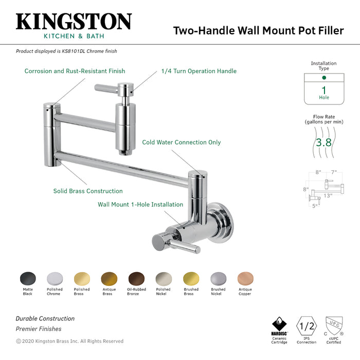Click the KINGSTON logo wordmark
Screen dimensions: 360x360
(x=74, y=22)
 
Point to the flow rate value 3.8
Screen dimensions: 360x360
(x=323, y=142)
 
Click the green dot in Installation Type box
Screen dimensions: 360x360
(x=323, y=78)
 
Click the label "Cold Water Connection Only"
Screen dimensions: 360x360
(x=182, y=142)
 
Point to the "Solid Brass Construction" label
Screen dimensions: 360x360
(x=88, y=191)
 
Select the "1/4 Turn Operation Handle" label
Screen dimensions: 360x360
(x=199, y=71)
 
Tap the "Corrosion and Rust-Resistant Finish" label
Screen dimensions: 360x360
(x=75, y=71)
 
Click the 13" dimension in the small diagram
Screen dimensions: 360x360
(x=327, y=195)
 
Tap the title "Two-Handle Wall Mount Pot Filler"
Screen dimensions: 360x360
(x=258, y=30)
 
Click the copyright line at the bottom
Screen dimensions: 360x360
(x=69, y=341)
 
